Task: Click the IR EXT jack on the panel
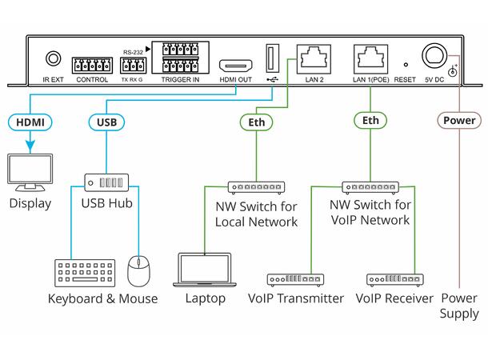click(54, 58)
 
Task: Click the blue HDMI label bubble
click(30, 122)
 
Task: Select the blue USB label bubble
click(106, 122)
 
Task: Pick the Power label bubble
click(459, 121)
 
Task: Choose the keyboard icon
click(82, 271)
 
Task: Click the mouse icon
click(140, 271)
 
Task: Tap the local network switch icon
click(255, 187)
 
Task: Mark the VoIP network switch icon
click(370, 187)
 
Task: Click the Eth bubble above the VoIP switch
click(370, 122)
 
